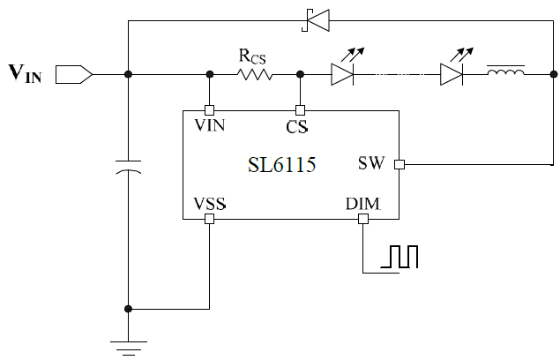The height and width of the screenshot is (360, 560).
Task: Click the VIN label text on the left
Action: coord(24,73)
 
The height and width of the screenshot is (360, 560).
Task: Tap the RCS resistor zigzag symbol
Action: coord(256,74)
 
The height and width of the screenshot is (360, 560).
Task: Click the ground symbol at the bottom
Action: coord(129,348)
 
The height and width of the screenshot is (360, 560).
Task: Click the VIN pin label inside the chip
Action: coord(209,125)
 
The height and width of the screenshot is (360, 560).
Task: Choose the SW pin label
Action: coord(371,163)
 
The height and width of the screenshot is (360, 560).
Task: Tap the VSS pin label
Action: coord(209,205)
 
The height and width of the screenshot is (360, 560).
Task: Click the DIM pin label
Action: coord(362,205)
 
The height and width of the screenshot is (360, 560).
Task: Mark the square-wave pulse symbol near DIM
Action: coord(400,256)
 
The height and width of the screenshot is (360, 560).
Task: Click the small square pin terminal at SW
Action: coord(399,164)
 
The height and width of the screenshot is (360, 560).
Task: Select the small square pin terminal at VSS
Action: coord(209,219)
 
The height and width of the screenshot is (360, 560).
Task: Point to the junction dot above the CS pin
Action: coord(300,74)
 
